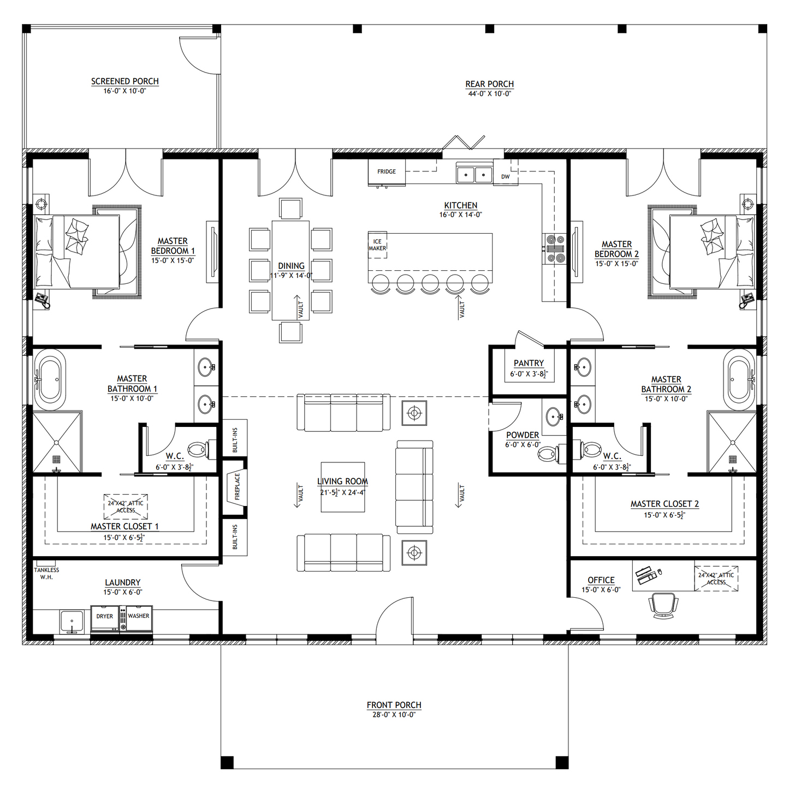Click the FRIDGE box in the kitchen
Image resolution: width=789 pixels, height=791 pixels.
point(387,171)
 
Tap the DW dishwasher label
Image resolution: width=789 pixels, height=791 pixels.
point(506,176)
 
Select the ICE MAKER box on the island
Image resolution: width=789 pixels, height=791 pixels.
point(377,245)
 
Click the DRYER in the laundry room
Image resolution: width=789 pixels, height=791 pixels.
point(105,616)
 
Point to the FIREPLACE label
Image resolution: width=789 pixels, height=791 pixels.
point(237,486)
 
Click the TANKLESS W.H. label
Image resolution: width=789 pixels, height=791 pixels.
point(46,573)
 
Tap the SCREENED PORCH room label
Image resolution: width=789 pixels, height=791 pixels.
point(125,81)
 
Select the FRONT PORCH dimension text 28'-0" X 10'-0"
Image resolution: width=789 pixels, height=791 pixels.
point(394,715)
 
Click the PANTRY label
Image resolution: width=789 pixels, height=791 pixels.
point(529,363)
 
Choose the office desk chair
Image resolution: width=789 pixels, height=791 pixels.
point(663,605)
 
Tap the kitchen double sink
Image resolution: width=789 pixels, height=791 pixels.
point(474,175)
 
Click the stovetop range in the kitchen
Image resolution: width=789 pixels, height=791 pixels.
point(555,248)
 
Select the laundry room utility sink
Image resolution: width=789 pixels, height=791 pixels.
point(72,621)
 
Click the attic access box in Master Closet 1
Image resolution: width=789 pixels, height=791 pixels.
point(126,507)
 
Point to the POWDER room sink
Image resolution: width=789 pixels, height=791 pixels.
point(554,417)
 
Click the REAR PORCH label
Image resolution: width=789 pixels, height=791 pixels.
point(489,84)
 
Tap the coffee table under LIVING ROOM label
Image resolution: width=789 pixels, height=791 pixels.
point(342,487)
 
